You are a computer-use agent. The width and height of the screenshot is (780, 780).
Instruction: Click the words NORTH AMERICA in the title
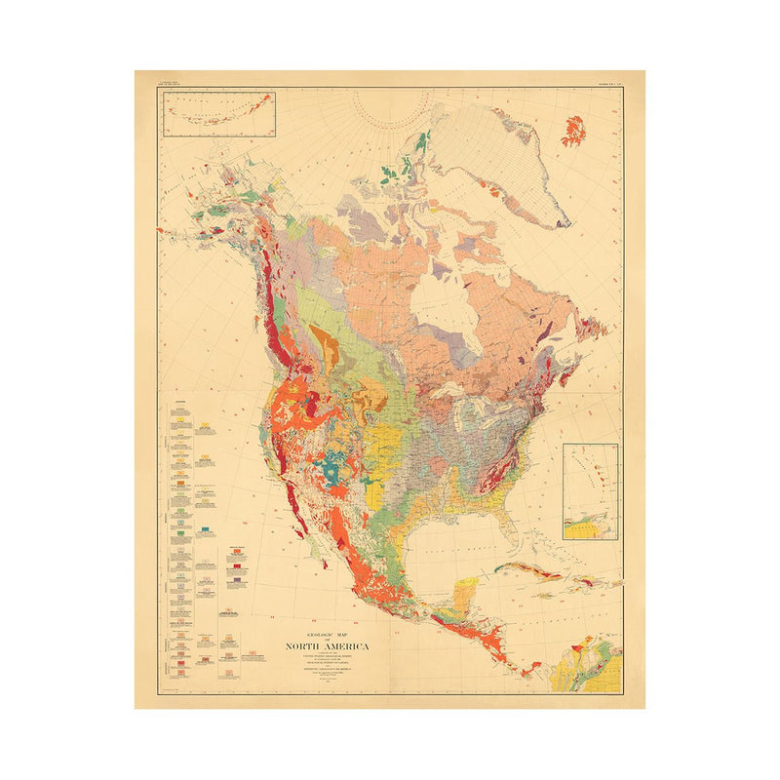tap(327, 646)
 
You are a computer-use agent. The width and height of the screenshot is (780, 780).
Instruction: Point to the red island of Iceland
tap(573, 130)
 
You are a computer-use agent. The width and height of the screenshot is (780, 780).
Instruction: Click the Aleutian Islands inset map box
tap(218, 114)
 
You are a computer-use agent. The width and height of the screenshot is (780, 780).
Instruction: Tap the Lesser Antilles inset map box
tap(588, 490)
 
